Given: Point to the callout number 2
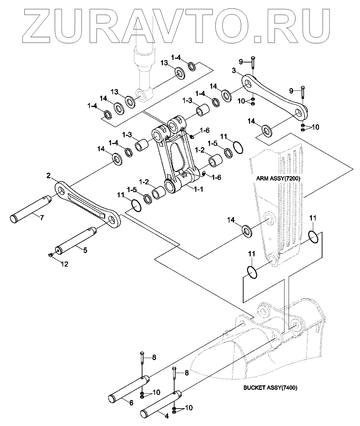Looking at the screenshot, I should (x=49, y=176).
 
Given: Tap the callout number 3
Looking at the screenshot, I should (x=234, y=71).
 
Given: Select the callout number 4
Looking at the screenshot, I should (x=166, y=416).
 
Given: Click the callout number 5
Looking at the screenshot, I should (x=85, y=250).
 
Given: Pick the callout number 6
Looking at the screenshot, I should (x=131, y=403).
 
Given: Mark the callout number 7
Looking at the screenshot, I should (x=42, y=217).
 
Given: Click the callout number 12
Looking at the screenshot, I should (x=64, y=264).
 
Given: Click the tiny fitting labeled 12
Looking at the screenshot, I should (x=51, y=255).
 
